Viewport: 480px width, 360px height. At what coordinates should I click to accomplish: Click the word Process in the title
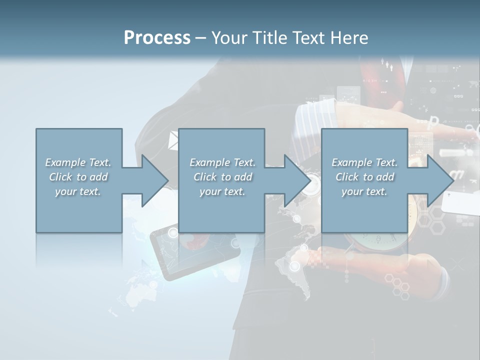(x=157, y=38)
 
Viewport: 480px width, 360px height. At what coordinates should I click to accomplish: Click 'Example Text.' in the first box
(x=78, y=162)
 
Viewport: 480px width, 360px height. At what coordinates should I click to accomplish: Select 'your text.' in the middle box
(x=222, y=191)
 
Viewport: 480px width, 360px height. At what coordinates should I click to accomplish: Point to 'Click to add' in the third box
(x=364, y=177)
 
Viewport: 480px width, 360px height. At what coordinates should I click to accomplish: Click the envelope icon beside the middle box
(x=173, y=140)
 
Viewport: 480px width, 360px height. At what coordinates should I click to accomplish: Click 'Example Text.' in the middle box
(x=222, y=162)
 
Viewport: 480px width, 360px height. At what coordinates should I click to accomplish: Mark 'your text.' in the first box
(x=78, y=191)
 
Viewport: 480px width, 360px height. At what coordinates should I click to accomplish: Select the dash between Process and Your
(x=200, y=38)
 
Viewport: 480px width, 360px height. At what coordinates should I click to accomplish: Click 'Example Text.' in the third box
(x=364, y=162)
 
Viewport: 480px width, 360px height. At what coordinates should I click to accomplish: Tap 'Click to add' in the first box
(x=78, y=177)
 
